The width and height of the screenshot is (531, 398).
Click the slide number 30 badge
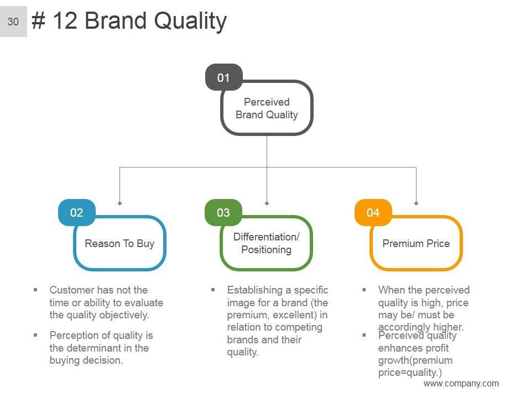[x=13, y=22]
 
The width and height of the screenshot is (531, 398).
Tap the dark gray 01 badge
[x=223, y=77]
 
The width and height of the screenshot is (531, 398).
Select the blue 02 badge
[x=76, y=213]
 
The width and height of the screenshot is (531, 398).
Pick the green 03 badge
[x=223, y=213]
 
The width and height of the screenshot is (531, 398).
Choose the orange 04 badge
[x=373, y=213]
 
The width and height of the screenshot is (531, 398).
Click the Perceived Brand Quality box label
[x=267, y=108]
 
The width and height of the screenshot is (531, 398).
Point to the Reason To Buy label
[x=119, y=244]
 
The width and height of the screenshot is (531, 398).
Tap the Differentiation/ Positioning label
[x=266, y=243]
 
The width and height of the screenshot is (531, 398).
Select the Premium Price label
[x=416, y=244]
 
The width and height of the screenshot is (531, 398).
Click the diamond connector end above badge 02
[x=120, y=203]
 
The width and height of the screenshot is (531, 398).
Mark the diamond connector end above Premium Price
[x=416, y=203]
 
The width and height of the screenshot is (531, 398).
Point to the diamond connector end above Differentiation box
[x=267, y=203]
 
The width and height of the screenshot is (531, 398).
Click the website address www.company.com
[x=461, y=384]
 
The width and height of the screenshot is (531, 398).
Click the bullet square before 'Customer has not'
[x=35, y=290]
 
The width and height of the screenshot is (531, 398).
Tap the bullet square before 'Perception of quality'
[x=35, y=335]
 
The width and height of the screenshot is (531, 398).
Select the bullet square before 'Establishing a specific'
[x=212, y=290]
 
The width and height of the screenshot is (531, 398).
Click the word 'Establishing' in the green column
[x=255, y=290]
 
